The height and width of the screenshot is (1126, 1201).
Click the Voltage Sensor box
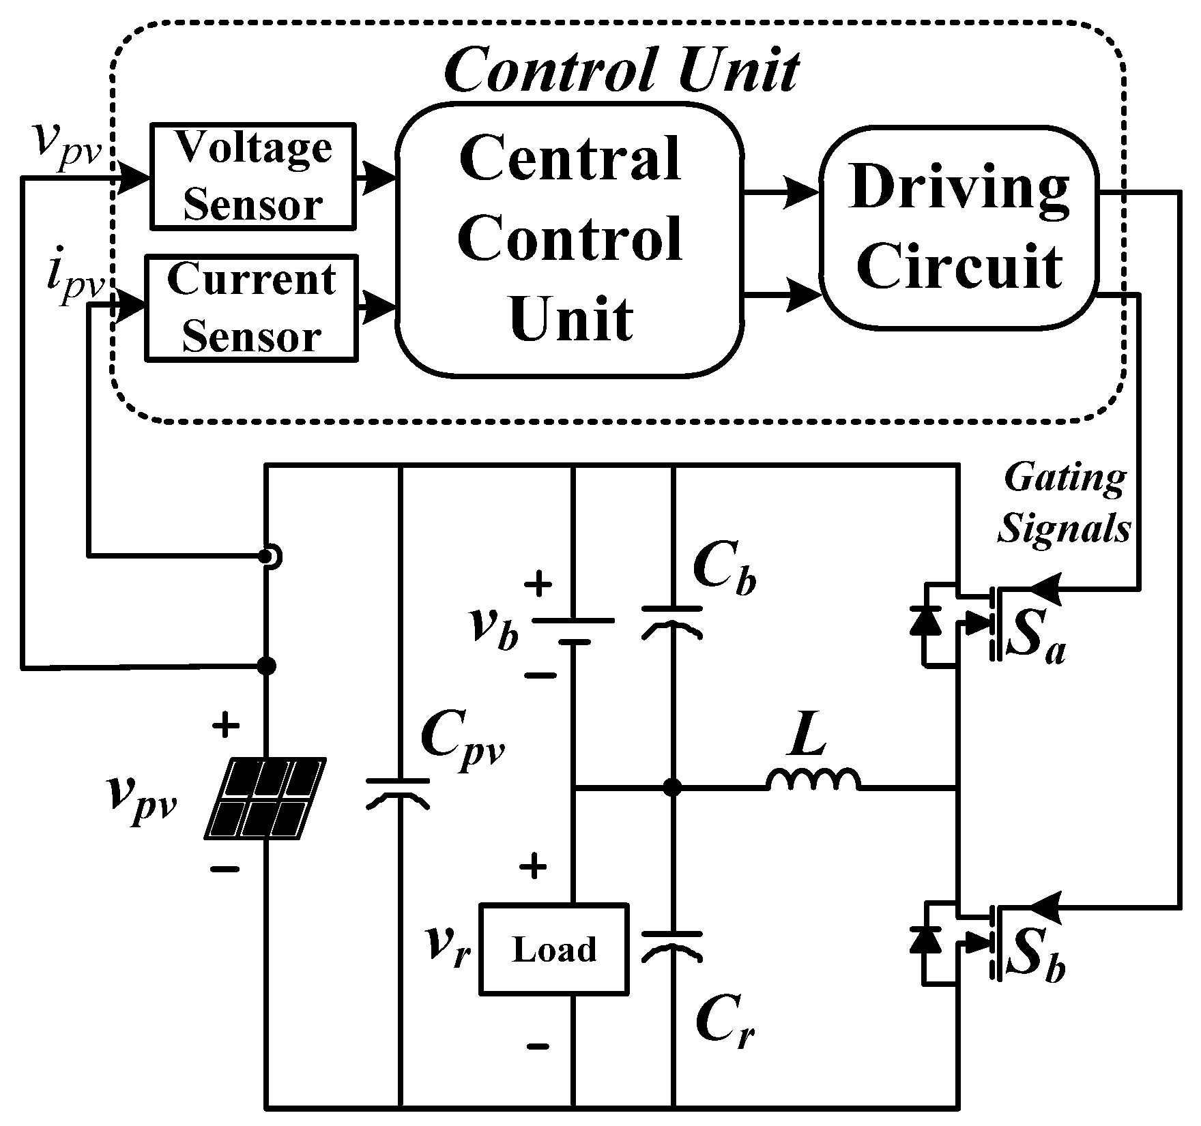tap(252, 175)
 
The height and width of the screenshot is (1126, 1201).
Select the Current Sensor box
tap(251, 308)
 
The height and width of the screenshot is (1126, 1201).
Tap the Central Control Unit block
tap(569, 239)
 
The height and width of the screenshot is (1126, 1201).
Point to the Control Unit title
tap(621, 70)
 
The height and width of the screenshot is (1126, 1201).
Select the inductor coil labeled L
tap(814, 780)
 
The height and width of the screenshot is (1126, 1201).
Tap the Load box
tap(553, 949)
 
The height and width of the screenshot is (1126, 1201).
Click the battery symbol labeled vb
tap(573, 631)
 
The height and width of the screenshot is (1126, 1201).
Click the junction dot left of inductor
tap(673, 788)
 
